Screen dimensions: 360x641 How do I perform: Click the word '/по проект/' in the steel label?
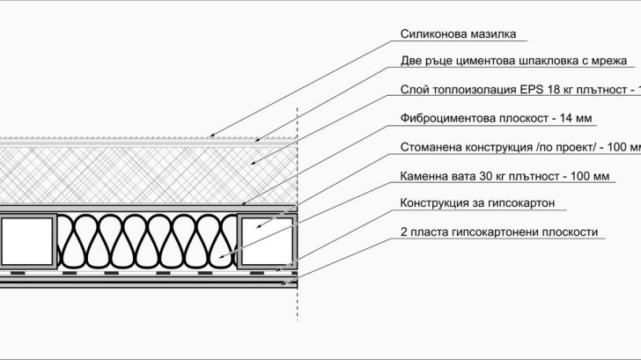coord(535,147)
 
